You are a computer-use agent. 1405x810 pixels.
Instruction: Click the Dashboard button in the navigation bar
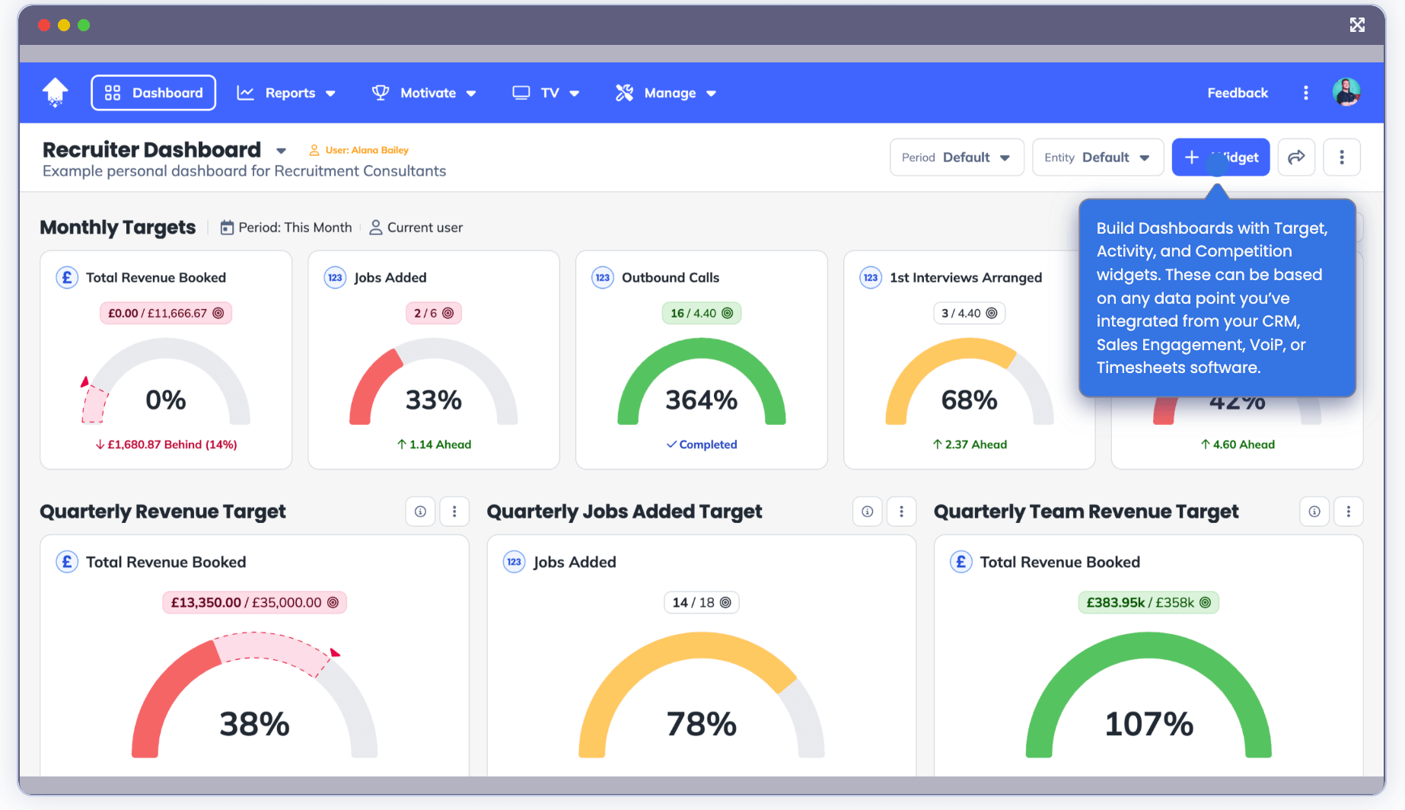[x=153, y=93]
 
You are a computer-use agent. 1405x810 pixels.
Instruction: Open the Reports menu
[x=286, y=93]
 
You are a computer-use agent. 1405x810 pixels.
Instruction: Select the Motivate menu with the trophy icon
[x=424, y=93]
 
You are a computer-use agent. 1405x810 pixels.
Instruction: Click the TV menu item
[x=546, y=93]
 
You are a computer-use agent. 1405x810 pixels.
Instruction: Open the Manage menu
[x=666, y=93]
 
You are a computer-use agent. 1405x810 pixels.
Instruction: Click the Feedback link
[x=1238, y=93]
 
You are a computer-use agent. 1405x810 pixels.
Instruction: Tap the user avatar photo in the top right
[x=1346, y=92]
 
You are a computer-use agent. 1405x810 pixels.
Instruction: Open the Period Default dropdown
[x=957, y=158]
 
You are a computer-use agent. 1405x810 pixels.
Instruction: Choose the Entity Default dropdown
[x=1098, y=158]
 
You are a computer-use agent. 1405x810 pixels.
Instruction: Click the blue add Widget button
[x=1220, y=158]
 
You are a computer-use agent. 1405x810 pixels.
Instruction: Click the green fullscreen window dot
[x=84, y=25]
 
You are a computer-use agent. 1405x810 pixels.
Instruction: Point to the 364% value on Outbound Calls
[x=701, y=400]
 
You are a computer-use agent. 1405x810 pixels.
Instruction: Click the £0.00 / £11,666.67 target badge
[x=165, y=313]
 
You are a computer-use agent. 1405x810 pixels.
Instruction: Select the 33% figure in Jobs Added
[x=433, y=400]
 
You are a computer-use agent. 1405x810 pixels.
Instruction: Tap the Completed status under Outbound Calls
[x=702, y=445]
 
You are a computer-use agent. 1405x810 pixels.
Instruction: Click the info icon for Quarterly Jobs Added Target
[x=867, y=512]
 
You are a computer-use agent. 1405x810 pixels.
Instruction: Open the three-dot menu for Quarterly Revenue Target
[x=454, y=512]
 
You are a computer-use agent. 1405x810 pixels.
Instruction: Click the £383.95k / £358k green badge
[x=1148, y=602]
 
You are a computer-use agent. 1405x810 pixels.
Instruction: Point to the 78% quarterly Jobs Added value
[x=701, y=723]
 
